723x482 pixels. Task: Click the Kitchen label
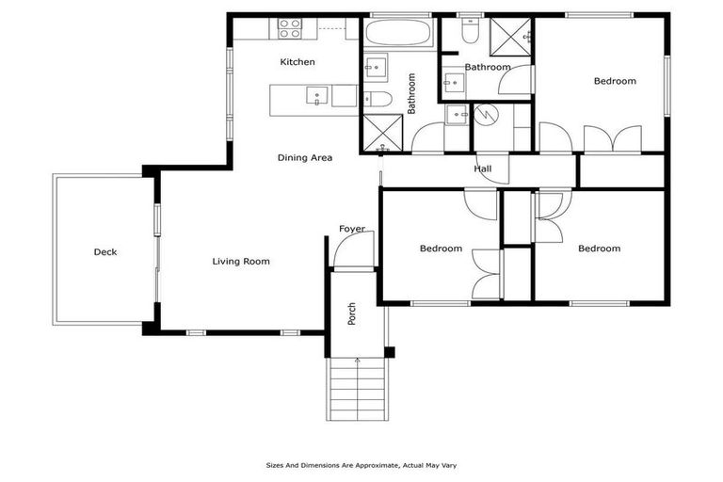(297, 62)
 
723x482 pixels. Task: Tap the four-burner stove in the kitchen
(290, 28)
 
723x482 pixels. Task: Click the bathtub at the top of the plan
(397, 34)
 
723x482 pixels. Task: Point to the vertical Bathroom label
(411, 94)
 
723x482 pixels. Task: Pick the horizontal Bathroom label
(487, 67)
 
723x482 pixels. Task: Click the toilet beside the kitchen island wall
(378, 99)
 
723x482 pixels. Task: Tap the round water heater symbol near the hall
(488, 115)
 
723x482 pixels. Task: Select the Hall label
(482, 169)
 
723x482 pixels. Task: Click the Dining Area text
(304, 158)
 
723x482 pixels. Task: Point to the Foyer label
(352, 229)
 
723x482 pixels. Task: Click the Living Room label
(241, 262)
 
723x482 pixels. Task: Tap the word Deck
(105, 252)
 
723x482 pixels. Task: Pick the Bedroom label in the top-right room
(614, 81)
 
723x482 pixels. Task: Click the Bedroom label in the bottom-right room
(599, 249)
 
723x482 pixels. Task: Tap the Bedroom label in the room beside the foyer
(441, 249)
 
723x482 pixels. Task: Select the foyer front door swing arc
(345, 249)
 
